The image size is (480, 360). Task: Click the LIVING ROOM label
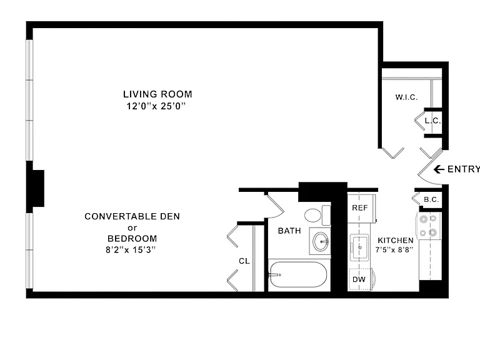[157, 94]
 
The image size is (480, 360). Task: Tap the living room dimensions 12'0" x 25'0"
[156, 106]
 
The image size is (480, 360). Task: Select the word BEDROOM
[132, 239]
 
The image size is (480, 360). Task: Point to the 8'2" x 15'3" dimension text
[131, 250]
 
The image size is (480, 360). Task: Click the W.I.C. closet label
[406, 97]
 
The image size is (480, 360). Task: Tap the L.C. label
[433, 121]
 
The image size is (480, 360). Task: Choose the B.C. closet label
[431, 199]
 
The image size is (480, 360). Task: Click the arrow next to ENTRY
[439, 169]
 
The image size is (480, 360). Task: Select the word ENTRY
[464, 169]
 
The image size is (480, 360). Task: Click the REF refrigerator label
[360, 208]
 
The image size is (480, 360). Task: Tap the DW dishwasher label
[359, 279]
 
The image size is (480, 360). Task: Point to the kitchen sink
[359, 247]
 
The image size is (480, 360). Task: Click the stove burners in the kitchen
[428, 226]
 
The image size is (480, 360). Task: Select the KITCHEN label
[396, 240]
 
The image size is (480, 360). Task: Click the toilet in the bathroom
[317, 215]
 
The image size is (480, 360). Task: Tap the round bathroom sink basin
[321, 241]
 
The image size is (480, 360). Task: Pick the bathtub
[297, 274]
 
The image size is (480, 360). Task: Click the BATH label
[289, 231]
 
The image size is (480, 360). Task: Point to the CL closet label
[244, 261]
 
